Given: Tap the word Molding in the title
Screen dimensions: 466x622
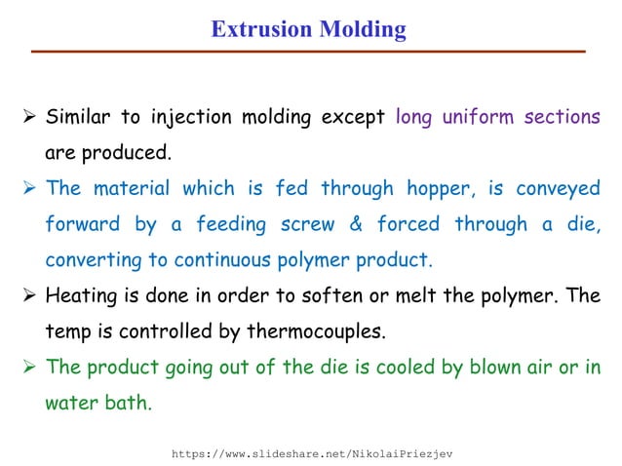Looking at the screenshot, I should (362, 29).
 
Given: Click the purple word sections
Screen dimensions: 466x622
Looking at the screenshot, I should (563, 118).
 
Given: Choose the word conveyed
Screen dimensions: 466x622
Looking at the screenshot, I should (560, 189).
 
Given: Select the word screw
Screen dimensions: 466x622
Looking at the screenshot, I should (303, 224).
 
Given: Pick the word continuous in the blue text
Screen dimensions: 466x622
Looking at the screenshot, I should (220, 260).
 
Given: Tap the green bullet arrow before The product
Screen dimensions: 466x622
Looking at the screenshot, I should (28, 368).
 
